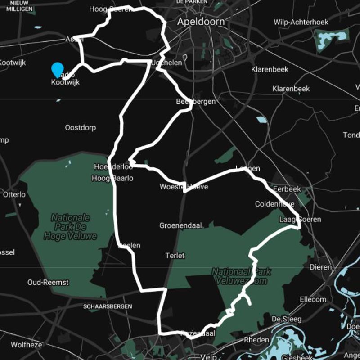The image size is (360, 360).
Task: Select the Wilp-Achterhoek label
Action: click(x=301, y=22)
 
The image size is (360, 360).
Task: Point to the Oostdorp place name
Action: click(x=81, y=128)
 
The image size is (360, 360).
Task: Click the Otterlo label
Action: click(x=14, y=195)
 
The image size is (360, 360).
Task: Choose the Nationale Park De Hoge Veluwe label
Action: click(x=70, y=227)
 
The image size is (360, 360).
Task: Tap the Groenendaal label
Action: click(x=180, y=225)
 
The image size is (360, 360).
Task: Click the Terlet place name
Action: click(x=175, y=256)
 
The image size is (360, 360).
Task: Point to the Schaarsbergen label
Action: click(x=108, y=306)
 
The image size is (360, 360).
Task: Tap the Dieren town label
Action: click(x=321, y=267)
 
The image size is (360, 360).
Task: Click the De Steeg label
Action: click(x=287, y=319)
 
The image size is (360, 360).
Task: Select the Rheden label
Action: click(x=257, y=340)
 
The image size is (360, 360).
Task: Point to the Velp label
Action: click(x=209, y=356)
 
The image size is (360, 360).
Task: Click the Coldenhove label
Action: click(x=274, y=204)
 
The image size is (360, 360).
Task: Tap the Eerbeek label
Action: click(x=287, y=189)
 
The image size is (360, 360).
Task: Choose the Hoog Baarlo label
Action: click(x=112, y=178)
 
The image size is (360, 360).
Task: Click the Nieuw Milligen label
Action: click(x=19, y=6)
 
